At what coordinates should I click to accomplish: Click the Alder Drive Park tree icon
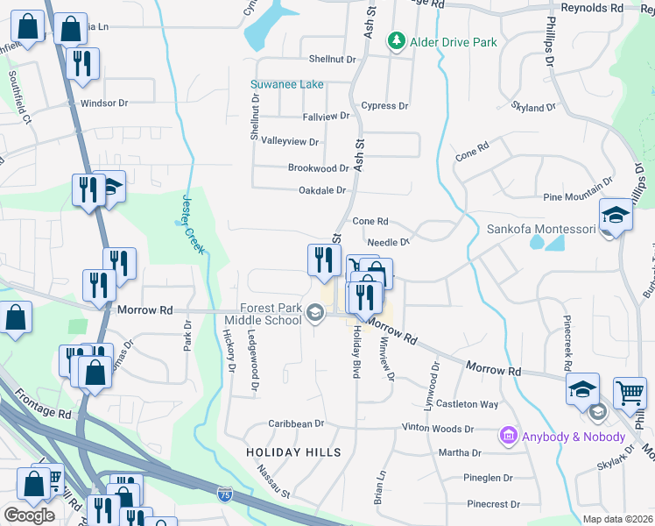pyautogui.click(x=397, y=41)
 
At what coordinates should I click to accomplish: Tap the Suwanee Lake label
pyautogui.click(x=287, y=84)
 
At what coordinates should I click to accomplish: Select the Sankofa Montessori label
pyautogui.click(x=540, y=230)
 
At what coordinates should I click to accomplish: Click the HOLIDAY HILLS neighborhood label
pyautogui.click(x=293, y=452)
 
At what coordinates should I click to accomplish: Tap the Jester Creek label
pyautogui.click(x=194, y=224)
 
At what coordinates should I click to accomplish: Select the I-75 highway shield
pyautogui.click(x=226, y=495)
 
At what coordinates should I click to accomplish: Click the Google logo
pyautogui.click(x=29, y=515)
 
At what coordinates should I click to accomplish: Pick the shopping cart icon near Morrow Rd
pyautogui.click(x=630, y=394)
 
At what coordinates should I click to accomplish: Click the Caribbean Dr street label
pyautogui.click(x=296, y=423)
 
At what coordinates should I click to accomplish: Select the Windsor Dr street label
pyautogui.click(x=104, y=103)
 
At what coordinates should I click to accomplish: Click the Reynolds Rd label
pyautogui.click(x=592, y=8)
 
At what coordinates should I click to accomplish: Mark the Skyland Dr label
pyautogui.click(x=533, y=108)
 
